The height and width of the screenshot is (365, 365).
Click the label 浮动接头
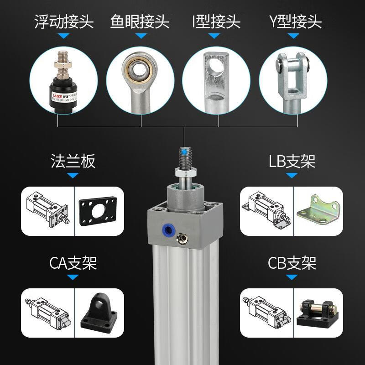click(x=64, y=21)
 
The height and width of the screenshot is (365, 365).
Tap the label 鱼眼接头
click(x=140, y=21)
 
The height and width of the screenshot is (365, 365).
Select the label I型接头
click(x=216, y=21)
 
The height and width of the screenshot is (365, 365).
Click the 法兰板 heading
click(x=73, y=162)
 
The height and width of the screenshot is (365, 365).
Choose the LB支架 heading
click(x=292, y=162)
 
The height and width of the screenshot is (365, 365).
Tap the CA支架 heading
click(x=73, y=263)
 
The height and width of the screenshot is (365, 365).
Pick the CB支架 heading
click(x=292, y=263)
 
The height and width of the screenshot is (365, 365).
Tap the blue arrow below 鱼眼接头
click(x=140, y=36)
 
